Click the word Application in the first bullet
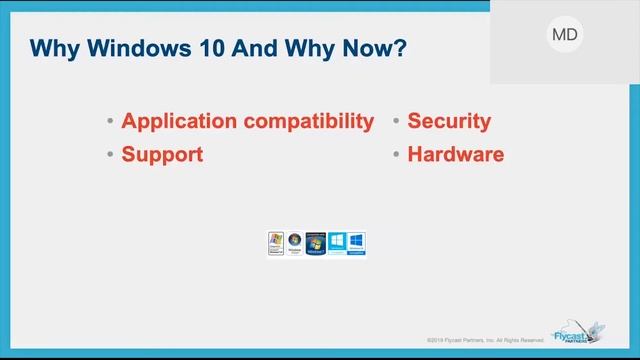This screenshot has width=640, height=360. [178, 122]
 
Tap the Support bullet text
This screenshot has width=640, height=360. [162, 155]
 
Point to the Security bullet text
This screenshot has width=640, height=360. [449, 122]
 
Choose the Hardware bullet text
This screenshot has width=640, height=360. [455, 155]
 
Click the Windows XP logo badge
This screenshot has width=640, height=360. [276, 244]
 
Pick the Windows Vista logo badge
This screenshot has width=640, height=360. [295, 244]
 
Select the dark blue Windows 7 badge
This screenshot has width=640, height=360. [316, 244]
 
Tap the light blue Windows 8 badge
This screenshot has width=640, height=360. [336, 244]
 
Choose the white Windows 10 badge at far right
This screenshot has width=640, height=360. [356, 244]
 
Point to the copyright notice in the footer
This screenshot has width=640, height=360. [491, 339]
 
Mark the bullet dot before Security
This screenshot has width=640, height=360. [397, 123]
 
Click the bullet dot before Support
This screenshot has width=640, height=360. [110, 156]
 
